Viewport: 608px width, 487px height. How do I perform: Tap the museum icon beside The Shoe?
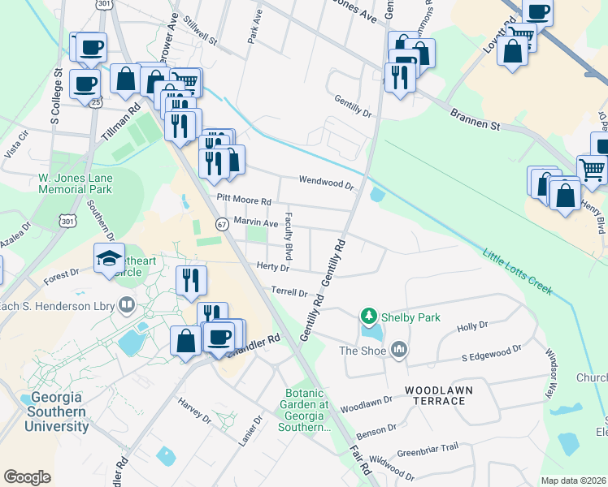[x=398, y=350]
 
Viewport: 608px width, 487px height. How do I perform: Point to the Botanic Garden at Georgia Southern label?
[x=306, y=410]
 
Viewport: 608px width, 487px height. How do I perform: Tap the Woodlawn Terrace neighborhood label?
[x=440, y=395]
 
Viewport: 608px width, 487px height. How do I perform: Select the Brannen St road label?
[x=476, y=124]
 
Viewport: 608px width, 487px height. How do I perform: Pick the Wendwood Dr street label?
[x=327, y=183]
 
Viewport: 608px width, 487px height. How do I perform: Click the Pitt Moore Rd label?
[x=243, y=200]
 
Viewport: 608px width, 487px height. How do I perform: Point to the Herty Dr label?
[x=272, y=267]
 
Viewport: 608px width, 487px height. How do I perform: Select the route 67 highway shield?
[x=221, y=223]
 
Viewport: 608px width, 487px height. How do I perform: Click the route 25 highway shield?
[x=96, y=103]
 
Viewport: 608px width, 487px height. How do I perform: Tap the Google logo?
[x=27, y=476]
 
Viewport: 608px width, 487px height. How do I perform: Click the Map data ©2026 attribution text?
[x=574, y=481]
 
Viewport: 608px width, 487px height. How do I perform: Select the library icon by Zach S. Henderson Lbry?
[x=126, y=305]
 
